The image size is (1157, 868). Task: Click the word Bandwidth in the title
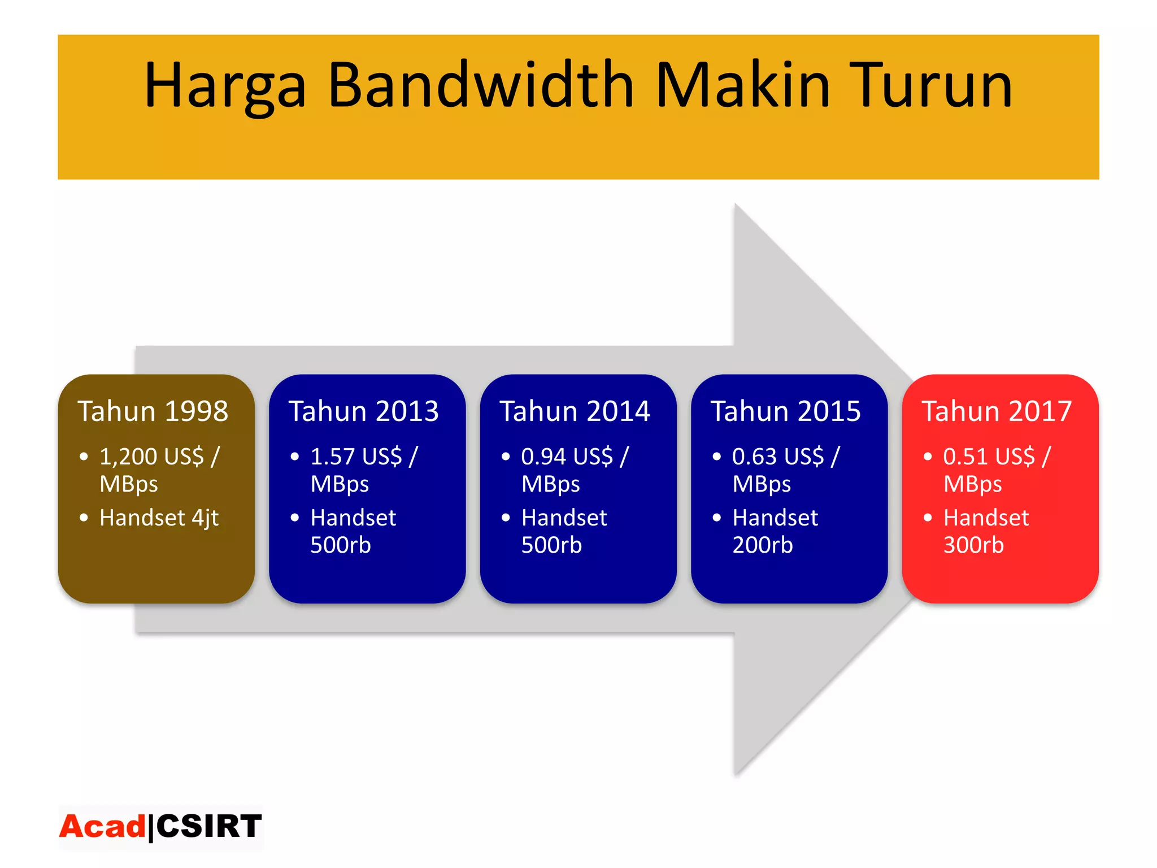point(480,85)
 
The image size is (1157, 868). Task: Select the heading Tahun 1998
point(153,411)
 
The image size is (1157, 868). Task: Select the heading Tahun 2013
point(363,411)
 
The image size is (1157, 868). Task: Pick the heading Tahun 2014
point(575,411)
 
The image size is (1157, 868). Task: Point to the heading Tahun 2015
point(785,411)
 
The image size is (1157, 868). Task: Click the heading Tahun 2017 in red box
point(997,411)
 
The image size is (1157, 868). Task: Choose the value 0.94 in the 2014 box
point(543,457)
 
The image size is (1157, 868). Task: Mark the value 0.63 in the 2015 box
point(754,457)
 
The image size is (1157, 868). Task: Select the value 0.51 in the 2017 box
point(965,457)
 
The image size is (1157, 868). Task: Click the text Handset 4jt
point(159,518)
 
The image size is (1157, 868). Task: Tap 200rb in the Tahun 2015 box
point(762,545)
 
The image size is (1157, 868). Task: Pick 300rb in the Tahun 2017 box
point(973,545)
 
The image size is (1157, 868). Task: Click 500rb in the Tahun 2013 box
point(340,545)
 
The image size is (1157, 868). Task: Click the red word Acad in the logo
point(102,826)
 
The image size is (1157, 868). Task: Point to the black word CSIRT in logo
point(208,826)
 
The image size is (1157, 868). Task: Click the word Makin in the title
point(742,85)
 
